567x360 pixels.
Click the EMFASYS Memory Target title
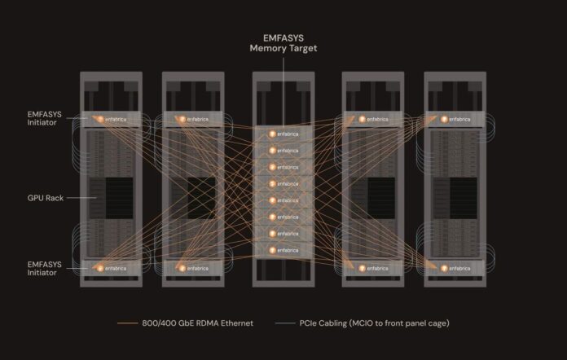283,43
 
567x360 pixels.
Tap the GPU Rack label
46,198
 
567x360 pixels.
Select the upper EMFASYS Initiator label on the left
45,118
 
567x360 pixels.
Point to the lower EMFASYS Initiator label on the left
45,269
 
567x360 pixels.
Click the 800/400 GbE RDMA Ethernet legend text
197,323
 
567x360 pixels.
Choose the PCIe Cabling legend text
374,323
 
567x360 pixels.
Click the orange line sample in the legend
127,323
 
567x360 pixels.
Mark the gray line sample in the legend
285,323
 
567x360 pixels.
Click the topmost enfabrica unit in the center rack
283,134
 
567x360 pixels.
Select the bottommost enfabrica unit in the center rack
283,250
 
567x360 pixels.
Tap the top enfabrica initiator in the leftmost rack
111,119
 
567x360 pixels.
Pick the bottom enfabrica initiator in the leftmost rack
111,268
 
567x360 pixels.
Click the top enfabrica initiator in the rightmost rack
455,119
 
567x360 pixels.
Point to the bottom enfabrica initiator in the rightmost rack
455,268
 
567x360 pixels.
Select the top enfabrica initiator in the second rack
193,119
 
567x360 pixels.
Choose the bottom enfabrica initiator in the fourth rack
373,268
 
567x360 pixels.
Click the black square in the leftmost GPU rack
119,198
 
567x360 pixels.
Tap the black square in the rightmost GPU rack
464,198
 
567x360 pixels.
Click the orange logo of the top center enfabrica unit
272,134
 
